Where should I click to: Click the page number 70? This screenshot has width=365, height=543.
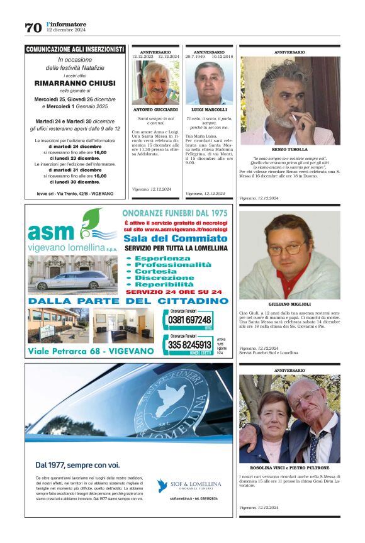pyautogui.click(x=33, y=28)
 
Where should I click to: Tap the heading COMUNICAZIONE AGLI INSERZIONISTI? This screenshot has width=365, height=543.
pyautogui.click(x=75, y=49)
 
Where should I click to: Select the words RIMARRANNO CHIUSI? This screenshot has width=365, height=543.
pyautogui.click(x=75, y=82)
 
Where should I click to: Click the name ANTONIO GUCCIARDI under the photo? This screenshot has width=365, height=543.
pyautogui.click(x=155, y=109)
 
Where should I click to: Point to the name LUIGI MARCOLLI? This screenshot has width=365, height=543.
pyautogui.click(x=209, y=109)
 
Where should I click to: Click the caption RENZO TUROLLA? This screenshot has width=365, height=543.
pyautogui.click(x=289, y=149)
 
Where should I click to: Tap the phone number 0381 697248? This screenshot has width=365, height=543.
pyautogui.click(x=191, y=320)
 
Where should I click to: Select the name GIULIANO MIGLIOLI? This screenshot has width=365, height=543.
pyautogui.click(x=289, y=305)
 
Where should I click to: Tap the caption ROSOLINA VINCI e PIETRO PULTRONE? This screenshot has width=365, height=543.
pyautogui.click(x=289, y=469)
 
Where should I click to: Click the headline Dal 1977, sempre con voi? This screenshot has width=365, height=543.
pyautogui.click(x=69, y=465)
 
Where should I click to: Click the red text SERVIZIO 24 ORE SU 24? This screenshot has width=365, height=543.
pyautogui.click(x=174, y=291)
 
